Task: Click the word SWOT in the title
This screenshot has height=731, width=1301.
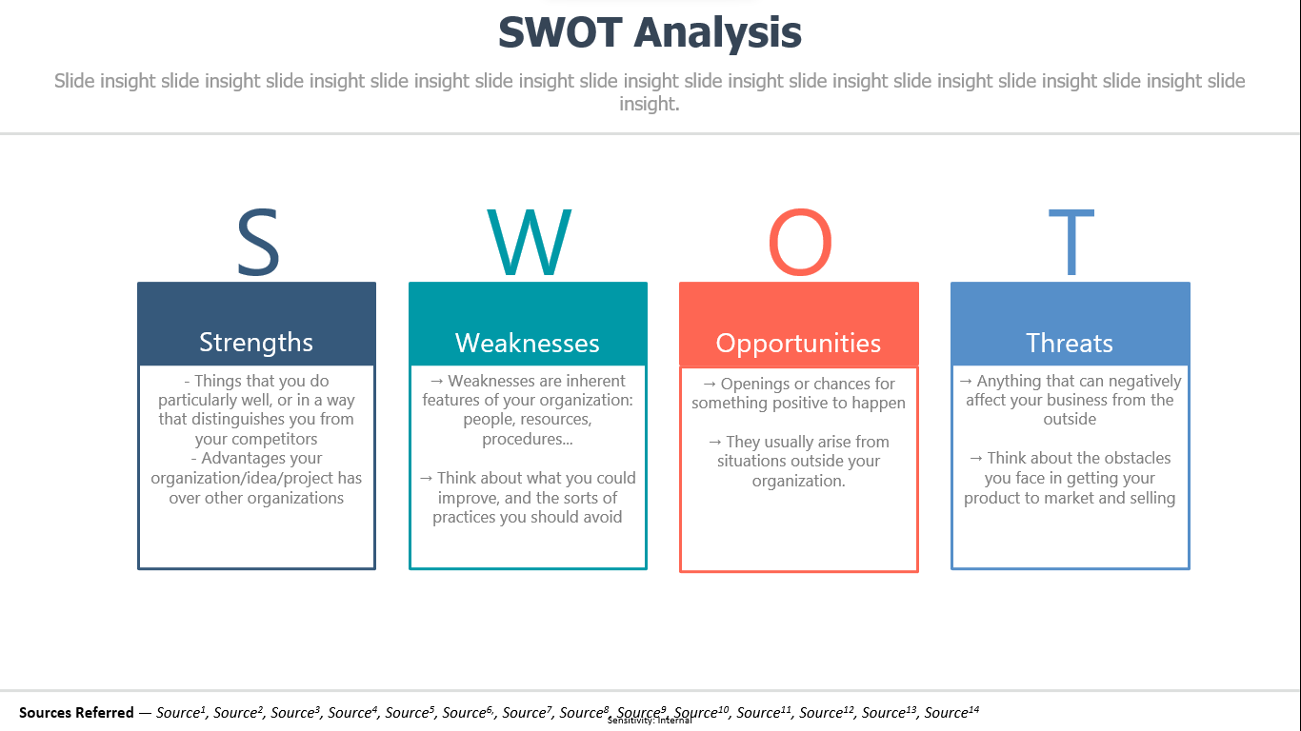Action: coord(560,32)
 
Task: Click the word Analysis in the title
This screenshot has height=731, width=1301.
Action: coord(718,33)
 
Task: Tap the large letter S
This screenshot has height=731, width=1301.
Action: coord(258,242)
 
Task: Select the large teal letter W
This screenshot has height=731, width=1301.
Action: coord(530,242)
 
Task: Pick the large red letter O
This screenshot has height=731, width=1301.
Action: coord(800,242)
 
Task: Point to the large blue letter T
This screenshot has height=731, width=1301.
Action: coord(1071,242)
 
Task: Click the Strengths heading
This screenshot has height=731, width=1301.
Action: coord(256,343)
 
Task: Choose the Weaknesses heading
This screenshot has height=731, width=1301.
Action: coord(528,344)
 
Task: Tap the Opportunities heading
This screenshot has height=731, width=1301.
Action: coord(799,344)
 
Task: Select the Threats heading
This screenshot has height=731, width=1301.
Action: coord(1070,344)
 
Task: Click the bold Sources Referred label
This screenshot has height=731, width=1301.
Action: coord(76,712)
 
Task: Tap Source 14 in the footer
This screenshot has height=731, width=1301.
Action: coord(951,712)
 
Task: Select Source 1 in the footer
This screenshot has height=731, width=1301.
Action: coord(181,712)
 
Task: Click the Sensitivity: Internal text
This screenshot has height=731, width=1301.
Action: coord(650,721)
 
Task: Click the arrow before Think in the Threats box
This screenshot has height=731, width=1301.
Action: coord(976,458)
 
